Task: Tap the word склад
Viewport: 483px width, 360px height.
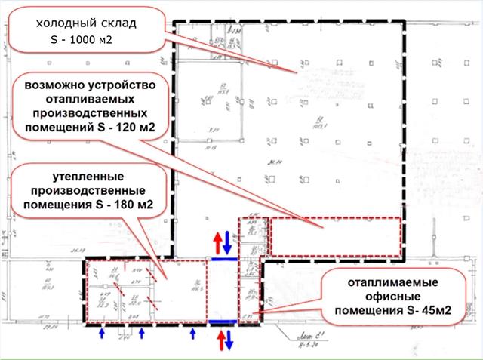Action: pos(118,23)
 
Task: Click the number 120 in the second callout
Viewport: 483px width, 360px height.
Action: pos(122,128)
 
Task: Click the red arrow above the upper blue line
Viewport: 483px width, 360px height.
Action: pos(217,243)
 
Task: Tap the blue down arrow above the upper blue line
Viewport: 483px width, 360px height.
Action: pos(228,243)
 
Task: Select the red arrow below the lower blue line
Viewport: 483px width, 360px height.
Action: pos(220,339)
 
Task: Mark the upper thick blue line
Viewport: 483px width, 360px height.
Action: pos(224,257)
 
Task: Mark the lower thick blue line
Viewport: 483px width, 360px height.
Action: pos(224,322)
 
